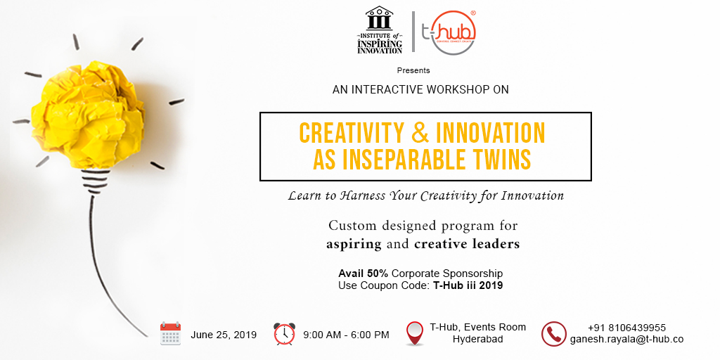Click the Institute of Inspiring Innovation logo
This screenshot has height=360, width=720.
coord(379,30)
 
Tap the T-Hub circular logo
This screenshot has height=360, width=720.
coord(449,32)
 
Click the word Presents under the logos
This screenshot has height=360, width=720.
coord(413,71)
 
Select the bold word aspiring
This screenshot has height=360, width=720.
coord(354,245)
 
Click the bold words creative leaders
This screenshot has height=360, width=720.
coord(467,244)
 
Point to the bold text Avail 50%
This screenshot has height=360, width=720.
coord(364,274)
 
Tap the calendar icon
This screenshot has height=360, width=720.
coord(170,333)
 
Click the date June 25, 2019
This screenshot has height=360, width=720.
coord(224,335)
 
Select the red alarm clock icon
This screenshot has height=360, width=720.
coord(285,334)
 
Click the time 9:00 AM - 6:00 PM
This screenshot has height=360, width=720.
coord(346,335)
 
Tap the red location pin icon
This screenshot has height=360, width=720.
coord(415,333)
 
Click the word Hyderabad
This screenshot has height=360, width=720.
coord(477,340)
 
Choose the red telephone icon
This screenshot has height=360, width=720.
coord(554,334)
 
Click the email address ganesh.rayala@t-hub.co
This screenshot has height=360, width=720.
coord(626,340)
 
